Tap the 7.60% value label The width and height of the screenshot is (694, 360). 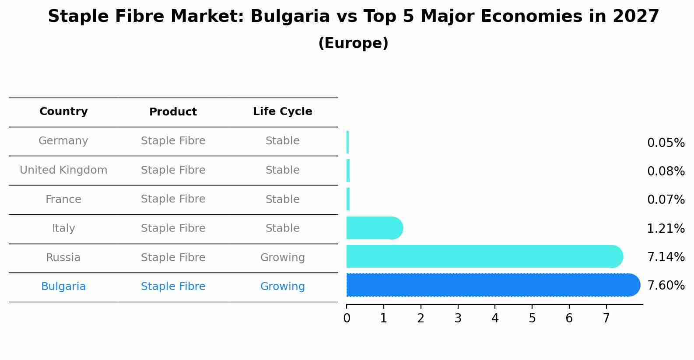click(x=666, y=286)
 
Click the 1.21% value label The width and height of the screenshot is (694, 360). click(x=666, y=228)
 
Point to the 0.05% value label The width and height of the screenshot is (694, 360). click(x=666, y=143)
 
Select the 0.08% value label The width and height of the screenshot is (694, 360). click(x=666, y=171)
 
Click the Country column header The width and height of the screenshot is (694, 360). click(x=63, y=112)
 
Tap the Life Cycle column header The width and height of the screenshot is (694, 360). click(x=282, y=112)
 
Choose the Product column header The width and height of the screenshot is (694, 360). click(x=173, y=112)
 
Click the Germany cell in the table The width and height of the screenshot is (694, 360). click(x=63, y=141)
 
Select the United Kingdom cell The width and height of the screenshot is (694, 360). click(x=63, y=170)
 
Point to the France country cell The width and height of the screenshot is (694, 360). click(x=63, y=199)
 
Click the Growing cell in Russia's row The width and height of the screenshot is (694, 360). click(x=282, y=258)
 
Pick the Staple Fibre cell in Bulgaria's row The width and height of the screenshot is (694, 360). click(x=173, y=287)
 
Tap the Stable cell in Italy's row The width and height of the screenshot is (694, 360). click(x=282, y=228)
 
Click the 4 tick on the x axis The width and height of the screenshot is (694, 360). click(x=495, y=318)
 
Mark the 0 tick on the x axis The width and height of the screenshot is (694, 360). click(x=347, y=318)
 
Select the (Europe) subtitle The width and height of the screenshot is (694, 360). click(x=353, y=43)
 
